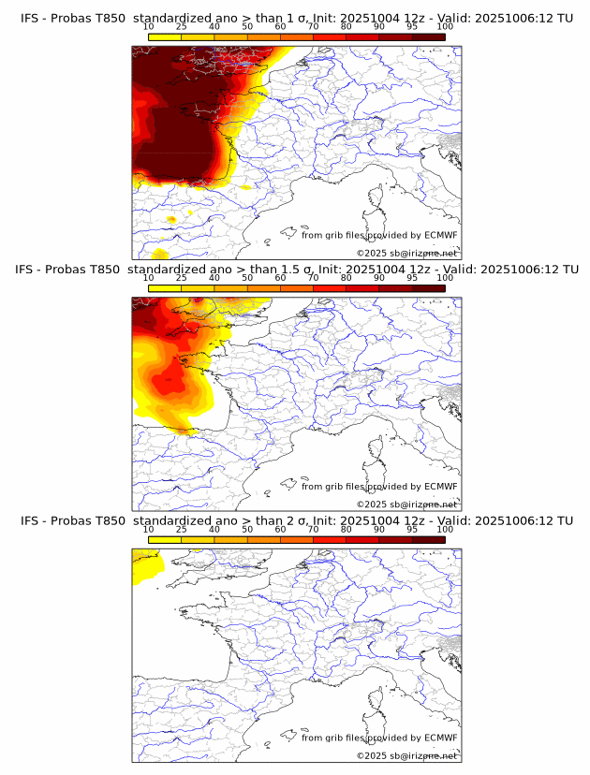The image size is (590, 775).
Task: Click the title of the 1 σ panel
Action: tap(296, 18)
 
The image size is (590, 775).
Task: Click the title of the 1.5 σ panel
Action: tap(296, 269)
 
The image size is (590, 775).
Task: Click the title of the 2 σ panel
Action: tap(296, 520)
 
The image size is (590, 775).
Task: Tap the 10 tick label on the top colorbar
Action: tap(148, 28)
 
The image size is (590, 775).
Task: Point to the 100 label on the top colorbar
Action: tap(445, 28)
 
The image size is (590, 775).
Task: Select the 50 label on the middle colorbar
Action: tap(247, 278)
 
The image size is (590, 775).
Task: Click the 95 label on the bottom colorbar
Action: tap(412, 530)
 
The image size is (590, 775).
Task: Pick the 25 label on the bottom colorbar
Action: tap(181, 530)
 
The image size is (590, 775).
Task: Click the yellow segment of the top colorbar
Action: tap(165, 37)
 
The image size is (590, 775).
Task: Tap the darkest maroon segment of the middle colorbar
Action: tap(429, 288)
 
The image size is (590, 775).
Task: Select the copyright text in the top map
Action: tap(406, 253)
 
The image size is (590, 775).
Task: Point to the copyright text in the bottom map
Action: tap(406, 755)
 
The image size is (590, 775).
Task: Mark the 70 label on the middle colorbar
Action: tap(313, 278)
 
